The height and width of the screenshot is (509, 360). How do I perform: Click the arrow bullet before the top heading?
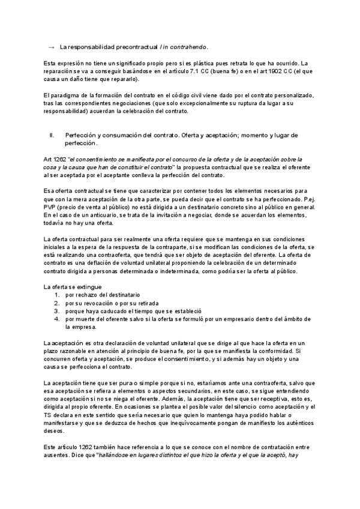pyautogui.click(x=50, y=46)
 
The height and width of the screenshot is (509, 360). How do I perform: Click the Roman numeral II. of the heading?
pyautogui.click(x=52, y=136)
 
